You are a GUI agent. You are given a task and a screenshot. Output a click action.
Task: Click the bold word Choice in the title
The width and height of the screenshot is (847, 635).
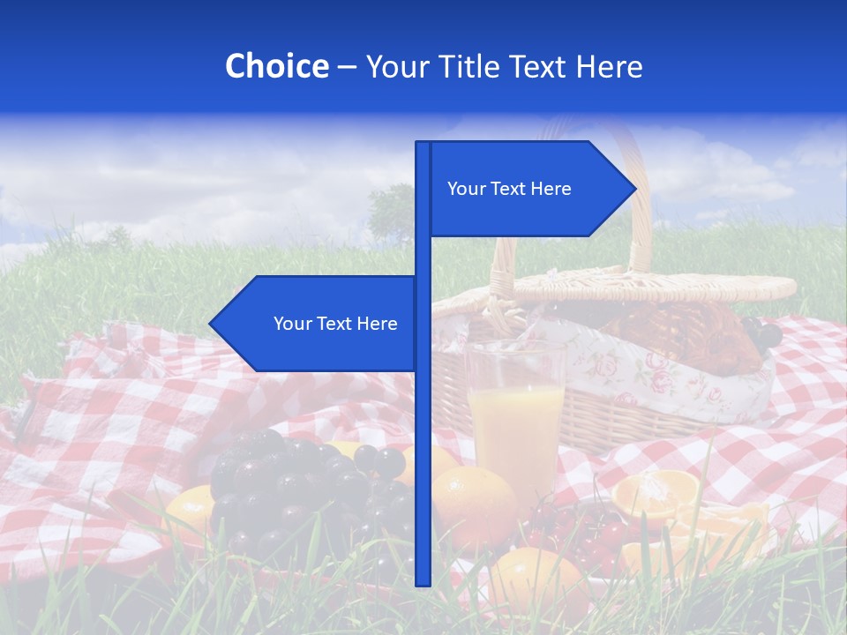[x=276, y=66]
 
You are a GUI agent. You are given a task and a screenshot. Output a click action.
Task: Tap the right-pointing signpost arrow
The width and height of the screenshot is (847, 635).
[x=529, y=189]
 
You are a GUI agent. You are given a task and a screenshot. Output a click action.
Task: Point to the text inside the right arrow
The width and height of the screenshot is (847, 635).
[x=509, y=189]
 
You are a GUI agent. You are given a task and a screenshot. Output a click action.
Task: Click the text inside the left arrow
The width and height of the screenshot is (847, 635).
[x=335, y=324]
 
